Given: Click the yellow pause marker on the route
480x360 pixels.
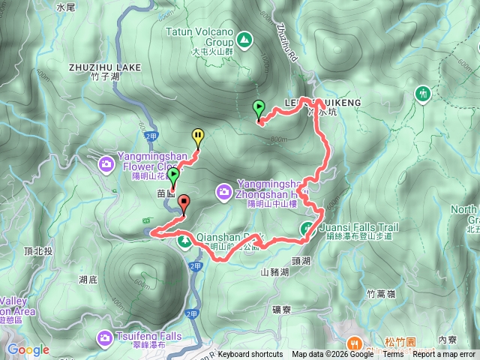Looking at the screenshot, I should [x=198, y=136].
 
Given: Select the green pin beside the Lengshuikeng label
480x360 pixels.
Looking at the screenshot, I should [x=259, y=108].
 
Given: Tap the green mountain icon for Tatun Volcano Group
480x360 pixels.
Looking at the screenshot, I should [x=244, y=37].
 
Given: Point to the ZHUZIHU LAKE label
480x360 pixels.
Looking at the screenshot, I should [x=105, y=67].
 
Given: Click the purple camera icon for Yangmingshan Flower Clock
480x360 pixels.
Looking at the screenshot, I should [x=106, y=163].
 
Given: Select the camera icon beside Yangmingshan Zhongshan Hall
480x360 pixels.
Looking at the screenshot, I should [x=224, y=193].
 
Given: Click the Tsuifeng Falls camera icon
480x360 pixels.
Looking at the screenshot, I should [x=106, y=339].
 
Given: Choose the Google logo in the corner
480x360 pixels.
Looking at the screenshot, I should [x=28, y=349].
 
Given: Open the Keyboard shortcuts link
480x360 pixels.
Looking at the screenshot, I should [x=250, y=355].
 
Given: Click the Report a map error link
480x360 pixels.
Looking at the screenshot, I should [x=445, y=355].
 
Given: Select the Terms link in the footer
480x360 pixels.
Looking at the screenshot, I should [x=393, y=355].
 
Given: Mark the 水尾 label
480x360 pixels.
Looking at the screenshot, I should [x=67, y=7].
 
